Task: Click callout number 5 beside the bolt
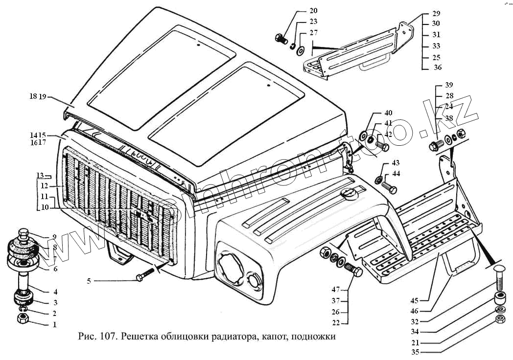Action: pyautogui.click(x=89, y=281)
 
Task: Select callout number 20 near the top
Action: pyautogui.click(x=313, y=11)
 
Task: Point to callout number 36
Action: pyautogui.click(x=438, y=67)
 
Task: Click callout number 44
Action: pyautogui.click(x=396, y=174)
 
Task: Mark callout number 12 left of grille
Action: pyautogui.click(x=44, y=186)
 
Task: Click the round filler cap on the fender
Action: pyautogui.click(x=350, y=195)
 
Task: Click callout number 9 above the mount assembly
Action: pyautogui.click(x=55, y=237)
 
